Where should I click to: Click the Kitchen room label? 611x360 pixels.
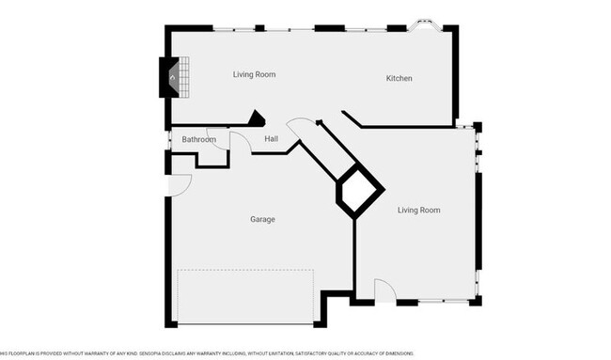[x=399, y=78]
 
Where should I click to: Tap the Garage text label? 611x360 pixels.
[x=262, y=219]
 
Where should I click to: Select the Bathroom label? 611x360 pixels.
[x=198, y=140]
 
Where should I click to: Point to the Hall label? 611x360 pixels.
[x=271, y=139]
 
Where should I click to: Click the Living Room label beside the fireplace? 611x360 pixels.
[x=254, y=73]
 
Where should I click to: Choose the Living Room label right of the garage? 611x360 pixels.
[x=418, y=210]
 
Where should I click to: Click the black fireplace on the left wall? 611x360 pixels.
[x=168, y=76]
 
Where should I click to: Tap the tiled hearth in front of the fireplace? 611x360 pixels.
[x=185, y=76]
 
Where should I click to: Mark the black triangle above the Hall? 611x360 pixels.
[x=255, y=118]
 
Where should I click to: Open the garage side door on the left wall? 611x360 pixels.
[x=179, y=185]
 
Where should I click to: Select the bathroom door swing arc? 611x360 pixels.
[x=241, y=142]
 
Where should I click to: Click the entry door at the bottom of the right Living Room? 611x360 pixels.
[x=385, y=291]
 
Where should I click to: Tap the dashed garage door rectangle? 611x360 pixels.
[x=245, y=296]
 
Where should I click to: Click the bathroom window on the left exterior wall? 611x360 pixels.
[x=168, y=140]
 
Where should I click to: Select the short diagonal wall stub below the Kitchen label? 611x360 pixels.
[x=352, y=118]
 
